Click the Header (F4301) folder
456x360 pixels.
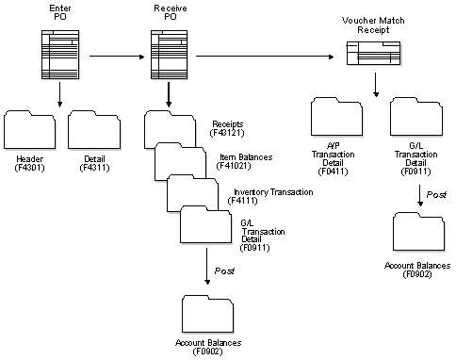click(x=29, y=131)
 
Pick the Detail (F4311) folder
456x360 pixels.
click(x=93, y=131)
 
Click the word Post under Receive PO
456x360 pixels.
click(x=224, y=271)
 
